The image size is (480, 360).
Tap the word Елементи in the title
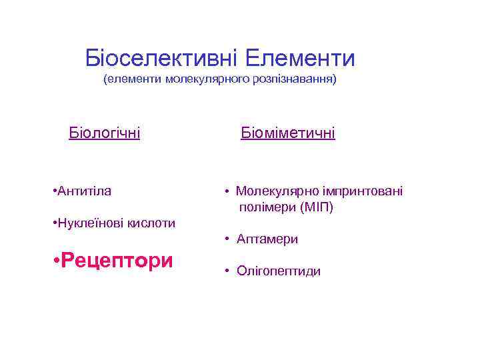click(299, 58)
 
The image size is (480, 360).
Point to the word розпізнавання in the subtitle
click(295, 81)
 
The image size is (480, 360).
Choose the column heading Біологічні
click(105, 133)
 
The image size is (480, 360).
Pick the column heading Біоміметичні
click(288, 133)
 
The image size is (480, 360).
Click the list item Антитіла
click(85, 191)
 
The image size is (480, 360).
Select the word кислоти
click(148, 223)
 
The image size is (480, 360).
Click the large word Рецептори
click(116, 260)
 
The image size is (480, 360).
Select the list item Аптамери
click(267, 239)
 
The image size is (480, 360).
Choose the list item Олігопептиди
click(278, 271)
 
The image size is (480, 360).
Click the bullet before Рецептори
click(55, 261)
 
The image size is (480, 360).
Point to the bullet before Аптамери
click(227, 239)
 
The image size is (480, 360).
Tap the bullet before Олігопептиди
click(227, 271)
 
